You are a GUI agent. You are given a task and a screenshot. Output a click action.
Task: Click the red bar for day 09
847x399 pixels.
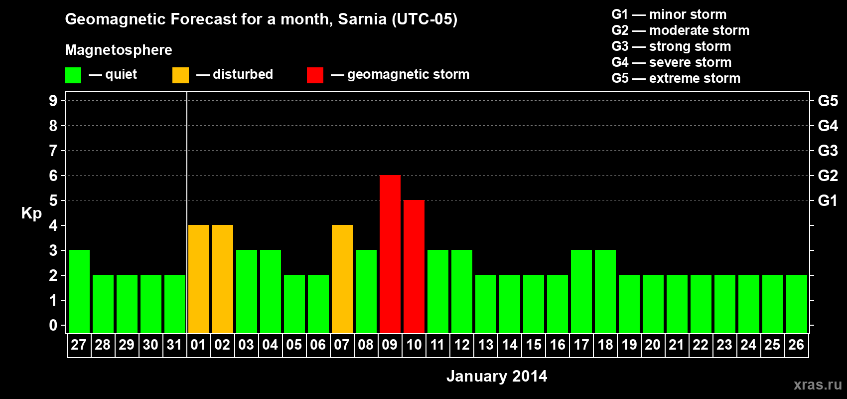pyautogui.click(x=390, y=254)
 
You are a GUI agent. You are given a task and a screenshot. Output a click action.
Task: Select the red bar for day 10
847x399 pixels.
pyautogui.click(x=414, y=266)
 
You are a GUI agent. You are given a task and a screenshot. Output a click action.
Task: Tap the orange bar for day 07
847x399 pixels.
pyautogui.click(x=342, y=279)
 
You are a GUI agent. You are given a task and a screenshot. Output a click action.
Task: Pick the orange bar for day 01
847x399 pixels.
pyautogui.click(x=199, y=279)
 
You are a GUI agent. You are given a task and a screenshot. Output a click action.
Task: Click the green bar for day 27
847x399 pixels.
pyautogui.click(x=79, y=291)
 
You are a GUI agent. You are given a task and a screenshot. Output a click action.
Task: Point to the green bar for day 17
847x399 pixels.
pyautogui.click(x=581, y=291)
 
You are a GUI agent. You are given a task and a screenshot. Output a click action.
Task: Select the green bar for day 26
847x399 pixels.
pyautogui.click(x=797, y=304)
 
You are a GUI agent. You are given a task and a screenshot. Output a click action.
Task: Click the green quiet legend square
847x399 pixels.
pyautogui.click(x=73, y=75)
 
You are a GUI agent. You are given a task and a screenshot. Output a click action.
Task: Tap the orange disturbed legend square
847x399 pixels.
pyautogui.click(x=181, y=75)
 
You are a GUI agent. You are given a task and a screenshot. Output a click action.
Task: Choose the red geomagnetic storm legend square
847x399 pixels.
pyautogui.click(x=315, y=75)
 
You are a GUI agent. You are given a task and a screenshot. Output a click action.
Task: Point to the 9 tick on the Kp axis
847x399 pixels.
pyautogui.click(x=53, y=101)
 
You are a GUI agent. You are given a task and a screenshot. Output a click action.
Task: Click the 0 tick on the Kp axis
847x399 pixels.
pyautogui.click(x=53, y=326)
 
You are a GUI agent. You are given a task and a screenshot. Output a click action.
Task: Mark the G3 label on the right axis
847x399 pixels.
pyautogui.click(x=828, y=151)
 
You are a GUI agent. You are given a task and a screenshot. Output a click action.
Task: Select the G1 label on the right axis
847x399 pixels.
pyautogui.click(x=828, y=200)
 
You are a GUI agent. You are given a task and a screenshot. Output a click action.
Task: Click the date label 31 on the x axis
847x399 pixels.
pyautogui.click(x=174, y=345)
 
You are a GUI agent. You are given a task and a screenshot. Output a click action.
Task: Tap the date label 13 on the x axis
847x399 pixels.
pyautogui.click(x=486, y=345)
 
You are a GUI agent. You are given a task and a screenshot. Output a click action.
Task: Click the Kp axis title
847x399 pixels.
pyautogui.click(x=31, y=213)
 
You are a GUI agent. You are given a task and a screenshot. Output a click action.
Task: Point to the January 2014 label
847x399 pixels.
pyautogui.click(x=497, y=376)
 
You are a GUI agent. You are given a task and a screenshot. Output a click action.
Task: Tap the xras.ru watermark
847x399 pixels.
pyautogui.click(x=818, y=385)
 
